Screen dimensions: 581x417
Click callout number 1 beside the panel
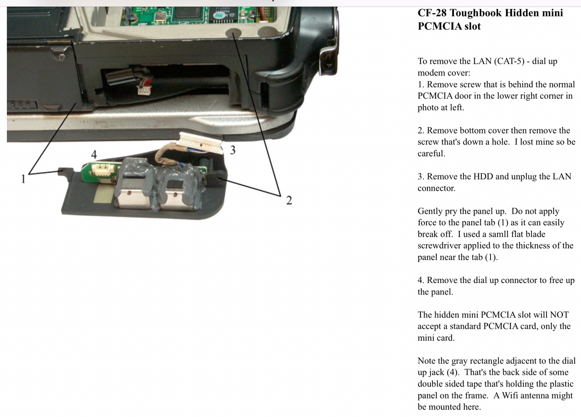(x=23, y=179)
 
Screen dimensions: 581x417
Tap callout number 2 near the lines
(x=289, y=200)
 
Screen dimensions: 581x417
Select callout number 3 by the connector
(x=233, y=150)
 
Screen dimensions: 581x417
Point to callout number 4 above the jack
(x=94, y=155)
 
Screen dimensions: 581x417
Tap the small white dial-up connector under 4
(x=103, y=170)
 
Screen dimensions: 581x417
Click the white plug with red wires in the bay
(x=143, y=90)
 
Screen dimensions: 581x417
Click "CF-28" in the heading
(x=432, y=13)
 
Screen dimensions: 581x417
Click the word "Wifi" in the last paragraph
(x=511, y=395)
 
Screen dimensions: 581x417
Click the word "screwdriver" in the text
(x=438, y=246)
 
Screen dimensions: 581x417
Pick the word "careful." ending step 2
(x=431, y=153)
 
